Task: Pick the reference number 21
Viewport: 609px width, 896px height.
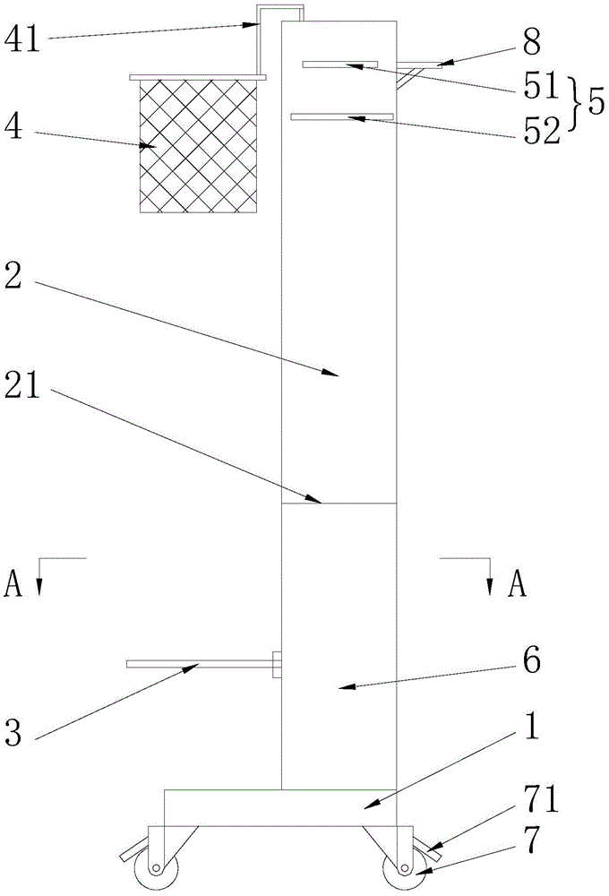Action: click(29, 392)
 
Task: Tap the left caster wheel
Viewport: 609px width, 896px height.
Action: click(158, 868)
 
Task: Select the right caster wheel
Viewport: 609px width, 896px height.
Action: click(402, 868)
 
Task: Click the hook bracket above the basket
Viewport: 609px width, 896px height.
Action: click(279, 13)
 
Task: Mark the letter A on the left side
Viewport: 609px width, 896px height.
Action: click(13, 584)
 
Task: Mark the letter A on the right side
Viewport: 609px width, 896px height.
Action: click(517, 584)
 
